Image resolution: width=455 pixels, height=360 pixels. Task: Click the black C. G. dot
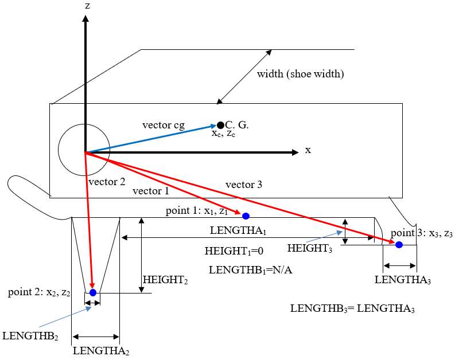tap(220, 124)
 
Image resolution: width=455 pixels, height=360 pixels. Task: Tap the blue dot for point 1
tap(246, 216)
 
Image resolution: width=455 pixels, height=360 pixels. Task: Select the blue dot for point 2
tap(93, 292)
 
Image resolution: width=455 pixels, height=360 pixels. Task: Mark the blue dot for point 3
tap(399, 245)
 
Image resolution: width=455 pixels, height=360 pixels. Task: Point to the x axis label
tap(308, 150)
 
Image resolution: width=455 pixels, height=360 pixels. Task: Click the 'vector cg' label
tap(164, 126)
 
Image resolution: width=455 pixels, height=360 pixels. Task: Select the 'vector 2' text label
tap(107, 182)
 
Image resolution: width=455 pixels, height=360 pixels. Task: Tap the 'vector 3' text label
tap(244, 185)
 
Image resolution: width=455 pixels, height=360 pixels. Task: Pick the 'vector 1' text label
tap(151, 191)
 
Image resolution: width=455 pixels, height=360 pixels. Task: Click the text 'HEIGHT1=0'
tap(234, 251)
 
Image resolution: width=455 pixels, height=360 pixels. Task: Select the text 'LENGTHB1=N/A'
tap(251, 270)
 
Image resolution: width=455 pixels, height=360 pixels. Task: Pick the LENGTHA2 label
tap(101, 351)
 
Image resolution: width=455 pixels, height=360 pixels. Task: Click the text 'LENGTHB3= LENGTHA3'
tap(352, 308)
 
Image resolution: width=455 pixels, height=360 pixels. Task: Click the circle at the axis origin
tap(84, 151)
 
